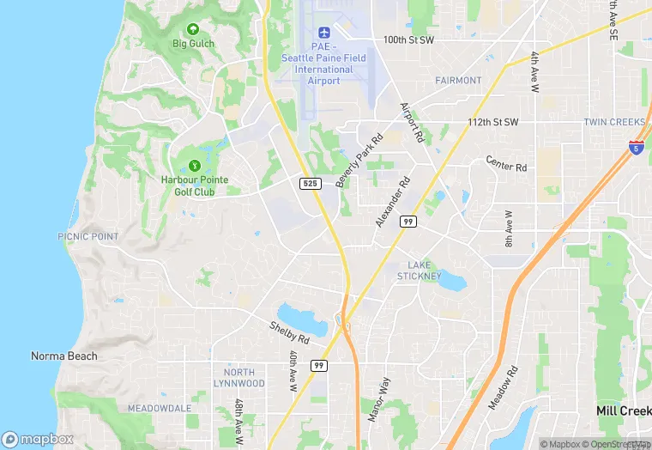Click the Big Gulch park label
(x=193, y=43)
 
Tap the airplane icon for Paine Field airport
(x=323, y=32)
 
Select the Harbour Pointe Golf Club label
(x=188, y=186)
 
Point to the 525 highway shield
(x=311, y=184)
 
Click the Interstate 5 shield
(x=636, y=148)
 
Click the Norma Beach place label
(x=64, y=356)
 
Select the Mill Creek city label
(x=623, y=411)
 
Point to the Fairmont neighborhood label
(x=458, y=81)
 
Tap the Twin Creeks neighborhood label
(x=614, y=122)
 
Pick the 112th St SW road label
(x=493, y=122)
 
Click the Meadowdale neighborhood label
(x=159, y=408)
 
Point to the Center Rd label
(x=505, y=162)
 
